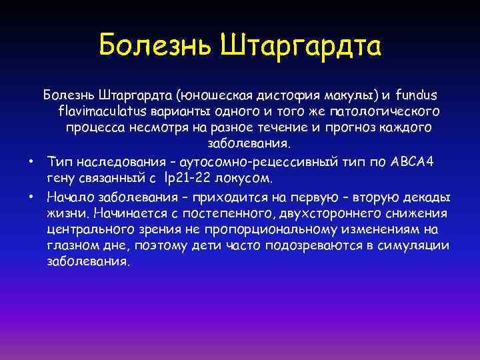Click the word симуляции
click(x=415, y=246)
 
